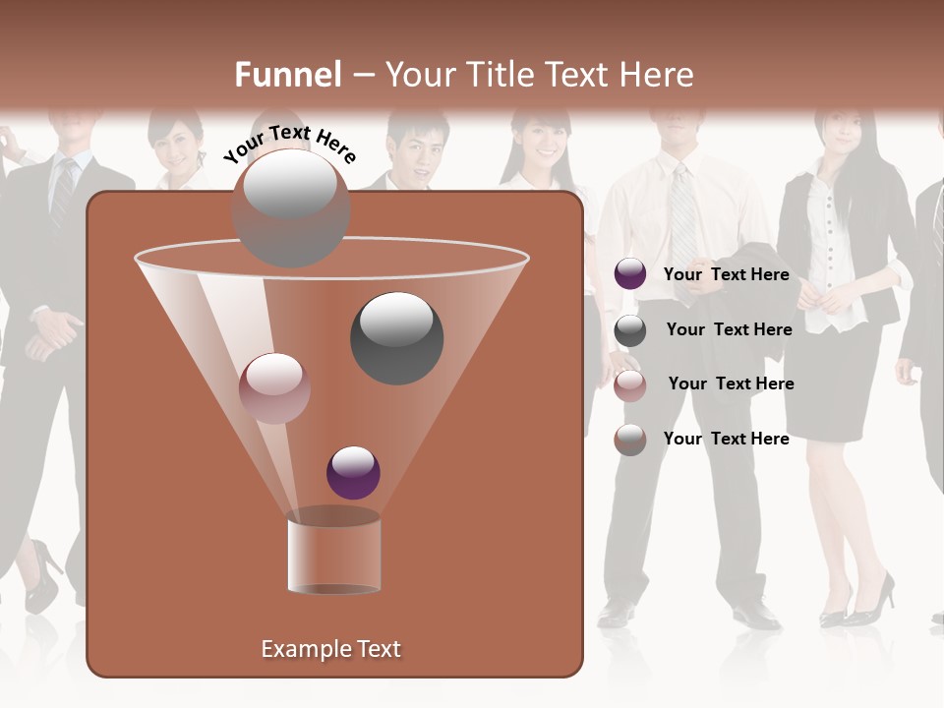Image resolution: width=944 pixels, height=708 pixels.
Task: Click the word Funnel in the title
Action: (287, 75)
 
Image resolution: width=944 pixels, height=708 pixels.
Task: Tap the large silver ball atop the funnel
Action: (290, 207)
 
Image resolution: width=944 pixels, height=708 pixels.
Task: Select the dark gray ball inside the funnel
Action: (396, 338)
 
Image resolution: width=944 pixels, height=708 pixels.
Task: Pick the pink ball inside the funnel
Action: (274, 388)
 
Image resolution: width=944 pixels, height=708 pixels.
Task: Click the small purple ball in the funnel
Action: (353, 472)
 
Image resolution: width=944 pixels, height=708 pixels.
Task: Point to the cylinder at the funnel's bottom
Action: (333, 556)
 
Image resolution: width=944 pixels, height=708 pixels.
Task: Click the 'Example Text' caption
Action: (330, 649)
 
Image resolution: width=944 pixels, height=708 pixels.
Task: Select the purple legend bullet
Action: (630, 274)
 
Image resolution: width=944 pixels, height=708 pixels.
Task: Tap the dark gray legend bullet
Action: (630, 330)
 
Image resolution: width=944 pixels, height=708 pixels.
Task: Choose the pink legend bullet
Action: (630, 385)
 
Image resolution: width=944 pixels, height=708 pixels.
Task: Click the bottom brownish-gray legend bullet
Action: (630, 440)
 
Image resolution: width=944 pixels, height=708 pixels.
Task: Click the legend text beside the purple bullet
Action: (726, 274)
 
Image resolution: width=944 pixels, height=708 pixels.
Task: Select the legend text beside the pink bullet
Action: (731, 383)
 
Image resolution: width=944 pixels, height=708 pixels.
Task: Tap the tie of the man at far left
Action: (63, 192)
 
